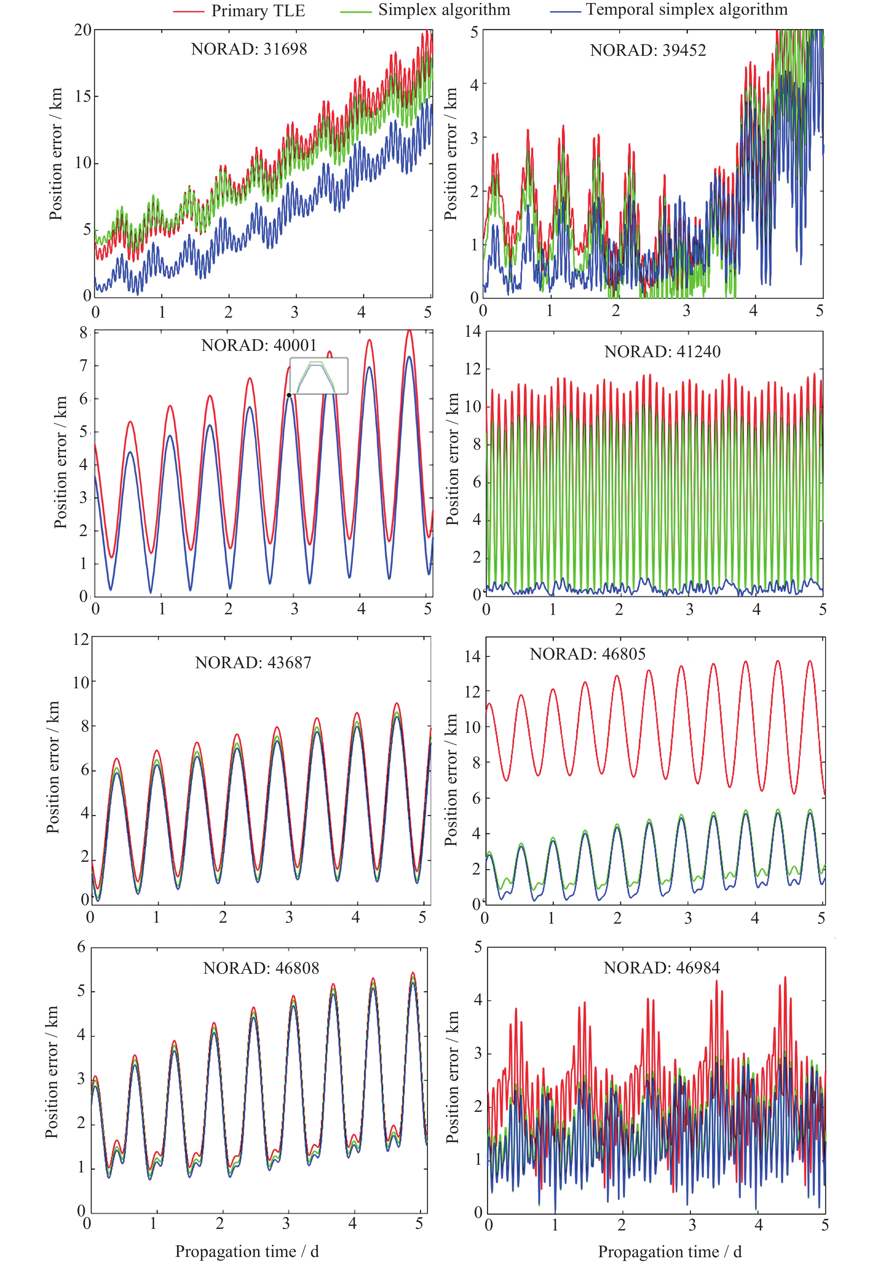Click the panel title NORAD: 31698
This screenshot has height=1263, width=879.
click(249, 49)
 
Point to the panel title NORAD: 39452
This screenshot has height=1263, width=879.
click(647, 51)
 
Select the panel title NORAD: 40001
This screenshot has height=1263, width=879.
click(259, 345)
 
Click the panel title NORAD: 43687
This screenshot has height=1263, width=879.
click(253, 663)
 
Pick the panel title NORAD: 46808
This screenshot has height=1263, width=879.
click(261, 968)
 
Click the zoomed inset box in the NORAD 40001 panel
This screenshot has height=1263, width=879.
click(319, 376)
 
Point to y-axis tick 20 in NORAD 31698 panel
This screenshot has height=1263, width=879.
click(83, 30)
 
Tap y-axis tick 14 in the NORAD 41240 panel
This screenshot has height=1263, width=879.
click(472, 332)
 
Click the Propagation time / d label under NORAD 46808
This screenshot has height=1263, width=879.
click(247, 1252)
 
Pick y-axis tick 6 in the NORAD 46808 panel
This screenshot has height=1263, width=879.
click(81, 947)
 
